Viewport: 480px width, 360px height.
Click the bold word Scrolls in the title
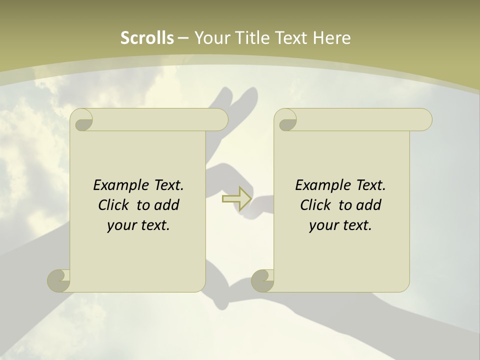[x=147, y=38]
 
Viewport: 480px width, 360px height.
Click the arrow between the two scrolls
[x=236, y=198]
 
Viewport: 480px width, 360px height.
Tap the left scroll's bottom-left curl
[x=58, y=280]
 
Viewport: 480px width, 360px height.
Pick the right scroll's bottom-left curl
[x=262, y=280]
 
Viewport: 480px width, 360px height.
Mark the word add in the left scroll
[x=167, y=205]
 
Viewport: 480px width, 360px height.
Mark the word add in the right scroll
[x=369, y=205]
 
